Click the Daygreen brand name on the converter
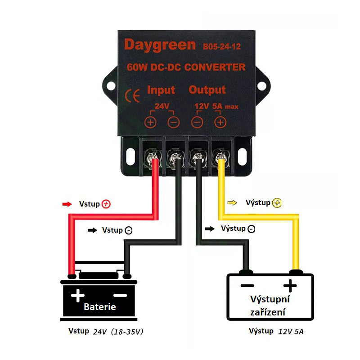click(x=160, y=45)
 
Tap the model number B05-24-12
click(x=222, y=47)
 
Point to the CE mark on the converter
click(x=132, y=95)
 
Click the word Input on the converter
click(x=161, y=90)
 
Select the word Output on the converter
click(x=207, y=90)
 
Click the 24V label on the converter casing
click(x=162, y=106)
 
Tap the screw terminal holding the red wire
click(x=152, y=158)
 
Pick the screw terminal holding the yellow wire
click(x=220, y=158)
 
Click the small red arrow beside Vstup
click(x=67, y=204)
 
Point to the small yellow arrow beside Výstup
click(x=232, y=203)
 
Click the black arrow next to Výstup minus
click(x=210, y=229)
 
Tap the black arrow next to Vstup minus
click(x=93, y=230)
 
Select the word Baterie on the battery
click(x=100, y=307)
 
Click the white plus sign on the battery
click(x=77, y=295)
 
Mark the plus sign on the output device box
click(x=290, y=286)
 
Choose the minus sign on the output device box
click(x=247, y=286)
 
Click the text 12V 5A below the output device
click(x=291, y=332)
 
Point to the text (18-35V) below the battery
click(x=127, y=332)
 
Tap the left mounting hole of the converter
click(x=111, y=86)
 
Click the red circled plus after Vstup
click(x=106, y=204)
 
